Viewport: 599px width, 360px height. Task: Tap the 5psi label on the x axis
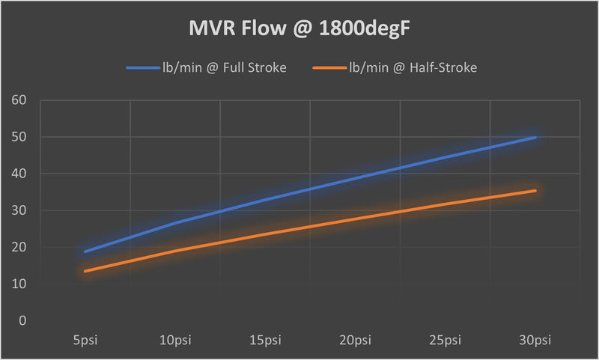pos(85,341)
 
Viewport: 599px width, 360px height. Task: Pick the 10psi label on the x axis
pos(175,341)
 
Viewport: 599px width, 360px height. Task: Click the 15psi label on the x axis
pos(265,341)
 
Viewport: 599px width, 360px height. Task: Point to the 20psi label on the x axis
pos(356,341)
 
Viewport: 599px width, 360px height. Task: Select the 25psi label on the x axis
pos(446,341)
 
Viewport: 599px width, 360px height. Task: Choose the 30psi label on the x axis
pos(535,341)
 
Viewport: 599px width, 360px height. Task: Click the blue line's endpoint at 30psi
pos(535,138)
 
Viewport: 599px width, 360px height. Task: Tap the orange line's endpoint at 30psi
pos(535,191)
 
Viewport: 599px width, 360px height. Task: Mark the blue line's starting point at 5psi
pos(85,251)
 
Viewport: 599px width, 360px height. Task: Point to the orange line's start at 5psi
pos(85,271)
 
